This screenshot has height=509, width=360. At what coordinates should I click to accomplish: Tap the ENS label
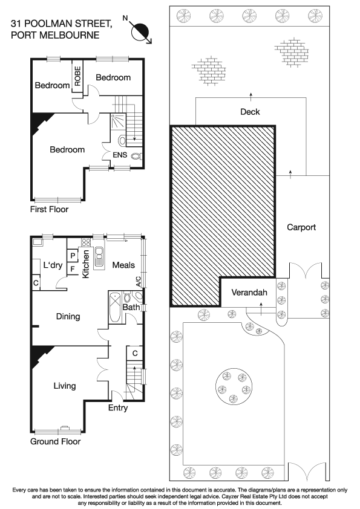120,156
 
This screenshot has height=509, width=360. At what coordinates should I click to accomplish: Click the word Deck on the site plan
250,112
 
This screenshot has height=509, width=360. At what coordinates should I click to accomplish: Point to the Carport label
301,227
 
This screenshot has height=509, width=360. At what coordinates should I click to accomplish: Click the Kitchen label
86,264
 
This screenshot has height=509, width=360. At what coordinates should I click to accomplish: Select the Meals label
123,264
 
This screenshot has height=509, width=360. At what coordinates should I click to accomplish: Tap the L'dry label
54,264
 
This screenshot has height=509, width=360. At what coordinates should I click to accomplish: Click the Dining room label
68,316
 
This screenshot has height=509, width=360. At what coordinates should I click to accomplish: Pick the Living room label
64,386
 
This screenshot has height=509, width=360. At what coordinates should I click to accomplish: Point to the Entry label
118,408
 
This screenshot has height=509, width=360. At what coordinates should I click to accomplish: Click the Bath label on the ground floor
131,307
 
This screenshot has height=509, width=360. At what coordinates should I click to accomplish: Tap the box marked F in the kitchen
72,268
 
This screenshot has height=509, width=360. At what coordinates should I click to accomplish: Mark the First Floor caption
49,210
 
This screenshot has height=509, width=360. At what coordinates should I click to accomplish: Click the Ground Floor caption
55,441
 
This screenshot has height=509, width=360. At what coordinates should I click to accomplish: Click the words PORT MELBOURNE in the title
55,35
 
